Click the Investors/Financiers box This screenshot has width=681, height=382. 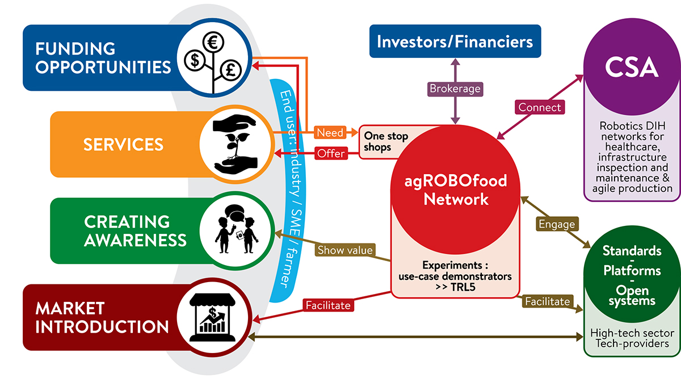(x=455, y=41)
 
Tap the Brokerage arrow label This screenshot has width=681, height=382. (x=455, y=89)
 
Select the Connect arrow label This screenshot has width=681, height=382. (x=539, y=107)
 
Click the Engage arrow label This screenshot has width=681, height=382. (x=557, y=224)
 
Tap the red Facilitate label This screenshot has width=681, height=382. (x=329, y=305)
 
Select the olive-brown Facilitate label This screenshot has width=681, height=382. (x=547, y=301)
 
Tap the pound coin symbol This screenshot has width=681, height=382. (x=230, y=70)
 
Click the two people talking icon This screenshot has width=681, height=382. (x=234, y=230)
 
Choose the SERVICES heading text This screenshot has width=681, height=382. (x=123, y=144)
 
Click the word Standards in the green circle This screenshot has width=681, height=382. (x=632, y=250)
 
